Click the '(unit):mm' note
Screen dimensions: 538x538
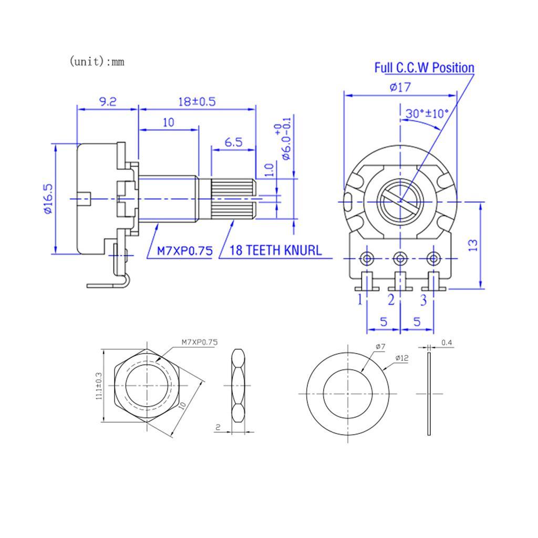click(97, 61)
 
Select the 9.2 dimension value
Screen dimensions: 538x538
click(108, 101)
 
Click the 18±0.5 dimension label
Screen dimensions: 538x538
click(197, 101)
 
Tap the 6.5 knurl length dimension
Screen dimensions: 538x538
click(233, 142)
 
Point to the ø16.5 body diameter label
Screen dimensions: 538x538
click(48, 199)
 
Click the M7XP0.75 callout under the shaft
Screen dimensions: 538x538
click(185, 251)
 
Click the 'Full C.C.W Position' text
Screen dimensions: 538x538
click(424, 68)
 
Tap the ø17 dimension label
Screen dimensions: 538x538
click(400, 87)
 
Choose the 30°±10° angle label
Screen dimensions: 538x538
click(428, 113)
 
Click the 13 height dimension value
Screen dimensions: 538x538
click(473, 244)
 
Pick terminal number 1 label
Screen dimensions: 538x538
click(360, 301)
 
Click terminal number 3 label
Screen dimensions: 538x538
click(423, 301)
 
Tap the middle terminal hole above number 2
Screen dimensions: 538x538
click(401, 258)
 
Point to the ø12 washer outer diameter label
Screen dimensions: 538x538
click(402, 358)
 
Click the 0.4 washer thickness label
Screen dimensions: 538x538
click(447, 343)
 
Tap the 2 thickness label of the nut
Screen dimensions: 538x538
click(218, 427)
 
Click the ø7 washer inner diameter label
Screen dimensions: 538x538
click(380, 347)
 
